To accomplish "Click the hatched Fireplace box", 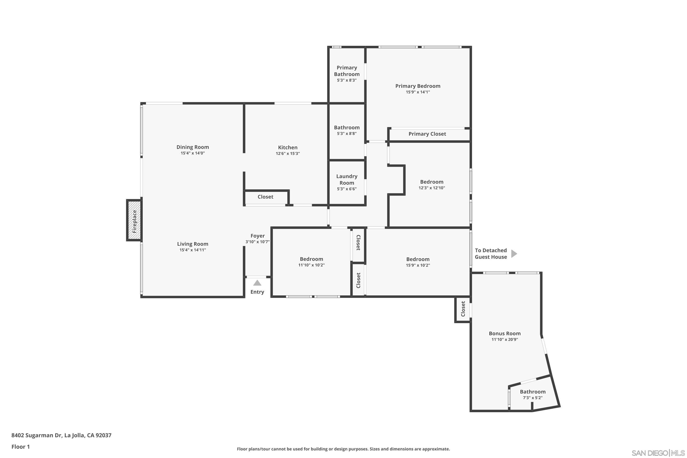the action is pos(134,220).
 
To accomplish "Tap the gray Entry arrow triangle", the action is pos(257,283).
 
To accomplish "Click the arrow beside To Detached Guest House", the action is pos(514,254).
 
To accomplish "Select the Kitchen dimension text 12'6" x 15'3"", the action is pos(288,153).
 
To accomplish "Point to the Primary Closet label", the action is pos(427,134).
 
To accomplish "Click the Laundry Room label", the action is pos(347,179).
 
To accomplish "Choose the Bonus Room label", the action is pos(505,333).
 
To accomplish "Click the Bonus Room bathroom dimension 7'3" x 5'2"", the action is pos(532,398).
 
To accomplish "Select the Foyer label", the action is pos(258,236).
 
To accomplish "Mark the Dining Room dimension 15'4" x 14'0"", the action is pos(193,153).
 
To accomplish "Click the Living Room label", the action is pos(193,244).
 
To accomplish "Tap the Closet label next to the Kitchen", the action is pos(265,197).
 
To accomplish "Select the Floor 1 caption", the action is pos(20,447).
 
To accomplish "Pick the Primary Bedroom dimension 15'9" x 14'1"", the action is pos(418,92).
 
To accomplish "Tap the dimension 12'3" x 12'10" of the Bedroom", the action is pos(432,188).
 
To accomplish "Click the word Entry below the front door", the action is pos(257,292).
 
